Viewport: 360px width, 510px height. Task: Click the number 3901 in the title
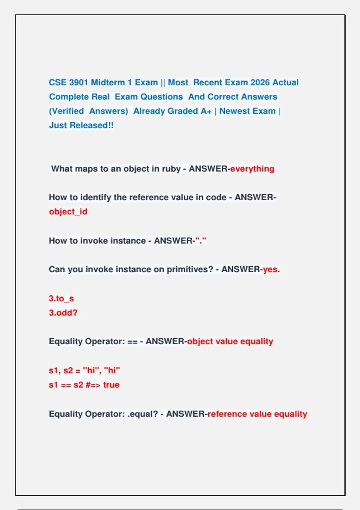coord(79,82)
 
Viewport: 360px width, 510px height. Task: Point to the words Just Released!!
coord(81,125)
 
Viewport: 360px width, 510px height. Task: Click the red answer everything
coord(252,169)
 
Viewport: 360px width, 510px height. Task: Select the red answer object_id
coord(68,212)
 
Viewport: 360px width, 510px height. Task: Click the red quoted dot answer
coord(201,241)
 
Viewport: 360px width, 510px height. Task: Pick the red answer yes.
coord(271,269)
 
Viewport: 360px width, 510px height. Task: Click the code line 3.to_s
coord(61,298)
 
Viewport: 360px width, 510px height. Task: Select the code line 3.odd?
coord(63,313)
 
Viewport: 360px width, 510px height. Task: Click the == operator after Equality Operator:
coord(132,342)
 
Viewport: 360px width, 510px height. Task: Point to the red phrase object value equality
coord(230,341)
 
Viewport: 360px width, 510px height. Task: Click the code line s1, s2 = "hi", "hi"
coord(84,370)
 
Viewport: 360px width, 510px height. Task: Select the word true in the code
coord(111,385)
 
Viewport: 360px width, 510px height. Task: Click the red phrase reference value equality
coord(257,414)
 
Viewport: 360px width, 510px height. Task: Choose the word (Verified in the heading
coord(66,111)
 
